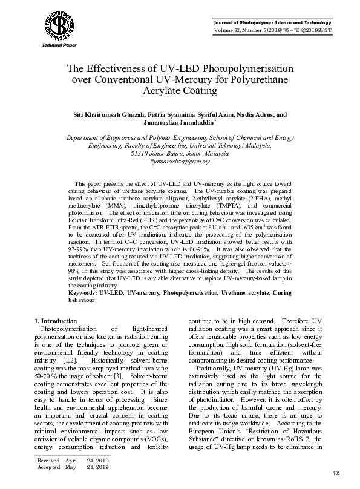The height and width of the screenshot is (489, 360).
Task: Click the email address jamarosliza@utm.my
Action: (180, 162)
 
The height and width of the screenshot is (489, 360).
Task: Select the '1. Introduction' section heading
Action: (55, 321)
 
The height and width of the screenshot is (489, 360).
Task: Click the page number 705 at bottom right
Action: (337, 472)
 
